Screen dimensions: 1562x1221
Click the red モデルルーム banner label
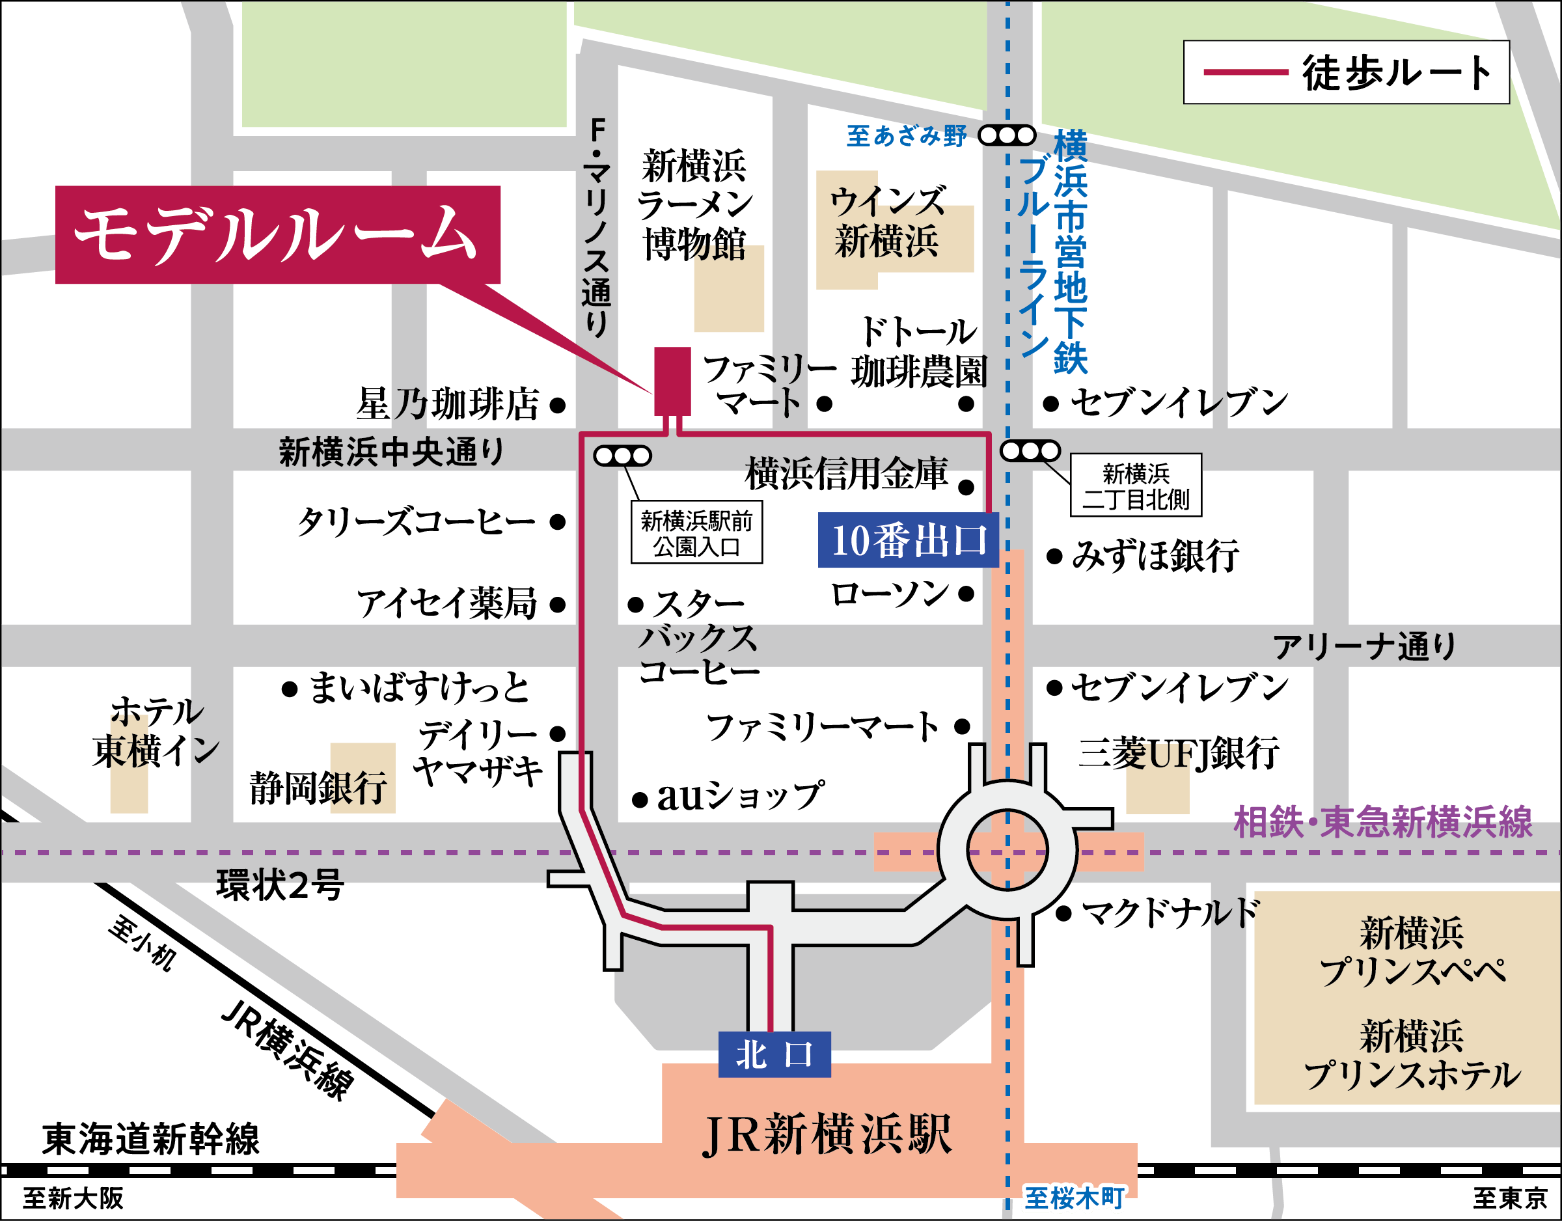pyautogui.click(x=277, y=234)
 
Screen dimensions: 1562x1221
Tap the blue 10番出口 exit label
pyautogui.click(x=908, y=541)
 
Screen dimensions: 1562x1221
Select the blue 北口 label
pyautogui.click(x=774, y=1054)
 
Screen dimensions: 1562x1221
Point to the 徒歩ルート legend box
pyautogui.click(x=1346, y=72)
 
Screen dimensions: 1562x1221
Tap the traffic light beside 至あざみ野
pyautogui.click(x=1006, y=135)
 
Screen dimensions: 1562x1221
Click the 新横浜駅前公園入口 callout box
pyautogui.click(x=696, y=534)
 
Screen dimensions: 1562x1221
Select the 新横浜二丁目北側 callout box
pyautogui.click(x=1136, y=486)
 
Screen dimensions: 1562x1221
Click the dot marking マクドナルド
pyautogui.click(x=1063, y=913)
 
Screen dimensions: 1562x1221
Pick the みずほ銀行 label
pyautogui.click(x=1155, y=556)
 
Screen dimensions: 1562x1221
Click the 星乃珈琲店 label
pyautogui.click(x=448, y=404)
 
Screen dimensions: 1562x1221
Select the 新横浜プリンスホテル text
pyautogui.click(x=1411, y=1056)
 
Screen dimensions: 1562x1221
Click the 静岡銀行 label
pyautogui.click(x=319, y=788)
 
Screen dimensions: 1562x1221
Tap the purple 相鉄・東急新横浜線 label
pyautogui.click(x=1382, y=823)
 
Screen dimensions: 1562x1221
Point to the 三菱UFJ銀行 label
pyautogui.click(x=1178, y=753)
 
